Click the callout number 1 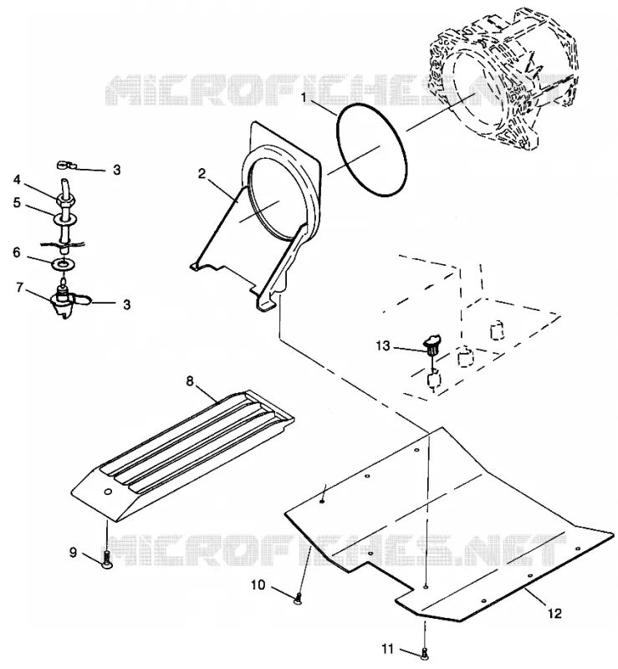(304, 98)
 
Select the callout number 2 (202, 174)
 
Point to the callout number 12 (555, 614)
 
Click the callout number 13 (383, 345)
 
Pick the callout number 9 (73, 553)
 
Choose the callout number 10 (258, 585)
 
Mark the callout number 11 (387, 649)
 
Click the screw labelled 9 (106, 559)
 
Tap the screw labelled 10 (298, 598)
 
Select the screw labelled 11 (424, 653)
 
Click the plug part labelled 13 (431, 345)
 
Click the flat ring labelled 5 (65, 219)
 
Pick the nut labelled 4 (65, 198)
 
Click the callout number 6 (16, 253)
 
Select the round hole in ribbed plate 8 (108, 492)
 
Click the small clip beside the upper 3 (66, 164)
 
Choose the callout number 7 (19, 288)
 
